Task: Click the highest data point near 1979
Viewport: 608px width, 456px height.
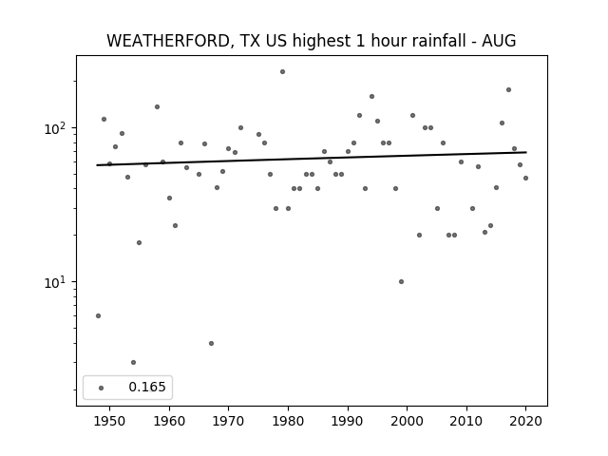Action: [283, 72]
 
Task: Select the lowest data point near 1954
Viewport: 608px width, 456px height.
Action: [133, 363]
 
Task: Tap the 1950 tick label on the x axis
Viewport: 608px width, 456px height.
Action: [110, 421]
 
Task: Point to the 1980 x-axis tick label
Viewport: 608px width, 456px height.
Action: [288, 421]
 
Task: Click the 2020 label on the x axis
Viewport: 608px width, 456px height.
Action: [525, 421]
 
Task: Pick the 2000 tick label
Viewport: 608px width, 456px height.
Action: [408, 421]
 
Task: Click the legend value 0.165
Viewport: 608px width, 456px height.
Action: [147, 387]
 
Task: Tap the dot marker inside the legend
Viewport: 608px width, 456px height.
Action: [102, 388]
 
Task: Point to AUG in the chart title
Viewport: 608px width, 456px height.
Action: [499, 41]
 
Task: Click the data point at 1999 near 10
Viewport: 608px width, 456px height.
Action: [401, 281]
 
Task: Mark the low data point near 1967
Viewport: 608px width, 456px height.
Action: [211, 343]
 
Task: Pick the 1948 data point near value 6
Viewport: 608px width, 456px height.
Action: [98, 316]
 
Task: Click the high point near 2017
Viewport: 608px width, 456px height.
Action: [509, 90]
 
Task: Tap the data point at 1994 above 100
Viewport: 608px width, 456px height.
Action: [371, 97]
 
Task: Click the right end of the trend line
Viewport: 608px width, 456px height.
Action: [526, 152]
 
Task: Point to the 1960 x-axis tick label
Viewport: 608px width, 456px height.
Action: [169, 421]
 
